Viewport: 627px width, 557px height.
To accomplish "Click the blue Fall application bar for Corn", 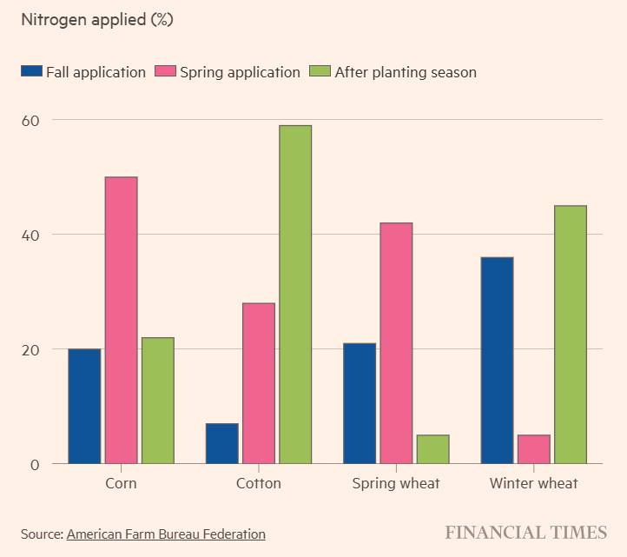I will (84, 406).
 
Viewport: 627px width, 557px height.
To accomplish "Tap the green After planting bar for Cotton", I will (295, 295).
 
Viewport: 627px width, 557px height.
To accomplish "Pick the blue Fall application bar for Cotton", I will (221, 443).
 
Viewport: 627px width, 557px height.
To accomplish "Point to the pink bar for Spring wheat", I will (396, 343).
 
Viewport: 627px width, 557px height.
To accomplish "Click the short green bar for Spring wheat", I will (432, 449).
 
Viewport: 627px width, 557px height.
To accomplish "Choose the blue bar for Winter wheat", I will (497, 360).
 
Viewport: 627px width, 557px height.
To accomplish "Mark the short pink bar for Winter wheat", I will (533, 449).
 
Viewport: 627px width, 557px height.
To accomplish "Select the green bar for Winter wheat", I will (570, 335).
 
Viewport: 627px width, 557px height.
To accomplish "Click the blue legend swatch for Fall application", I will (31, 72).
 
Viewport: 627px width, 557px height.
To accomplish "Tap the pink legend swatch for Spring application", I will (165, 72).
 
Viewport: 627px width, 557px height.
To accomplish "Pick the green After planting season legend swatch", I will (320, 72).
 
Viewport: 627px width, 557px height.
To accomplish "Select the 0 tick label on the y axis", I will (35, 464).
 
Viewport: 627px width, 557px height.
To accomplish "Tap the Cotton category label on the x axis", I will (259, 483).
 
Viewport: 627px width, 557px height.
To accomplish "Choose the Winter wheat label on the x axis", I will (533, 483).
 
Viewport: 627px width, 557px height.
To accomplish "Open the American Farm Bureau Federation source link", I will (166, 534).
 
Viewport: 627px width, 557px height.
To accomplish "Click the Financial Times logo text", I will (526, 533).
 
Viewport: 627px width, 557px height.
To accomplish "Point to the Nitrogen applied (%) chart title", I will (96, 20).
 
